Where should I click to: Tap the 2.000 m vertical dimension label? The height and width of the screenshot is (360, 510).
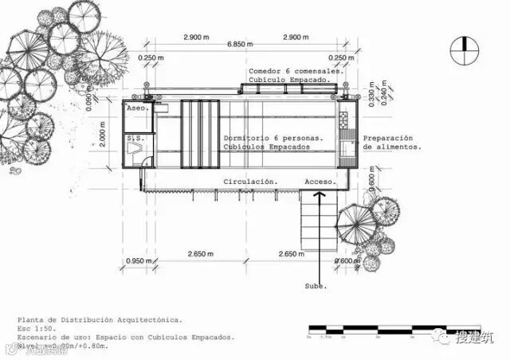coord(104,137)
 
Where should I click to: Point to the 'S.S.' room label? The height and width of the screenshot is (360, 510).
coord(134,139)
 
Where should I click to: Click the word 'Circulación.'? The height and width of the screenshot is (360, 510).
coord(250,182)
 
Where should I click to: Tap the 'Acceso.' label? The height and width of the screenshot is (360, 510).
coord(320,182)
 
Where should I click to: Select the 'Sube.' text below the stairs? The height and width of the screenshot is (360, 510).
coord(316,285)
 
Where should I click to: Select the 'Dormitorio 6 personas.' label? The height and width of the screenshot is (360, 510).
coord(273,137)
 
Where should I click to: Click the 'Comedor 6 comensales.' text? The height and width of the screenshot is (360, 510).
coord(295,70)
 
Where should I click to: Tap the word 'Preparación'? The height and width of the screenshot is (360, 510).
coord(390,137)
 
